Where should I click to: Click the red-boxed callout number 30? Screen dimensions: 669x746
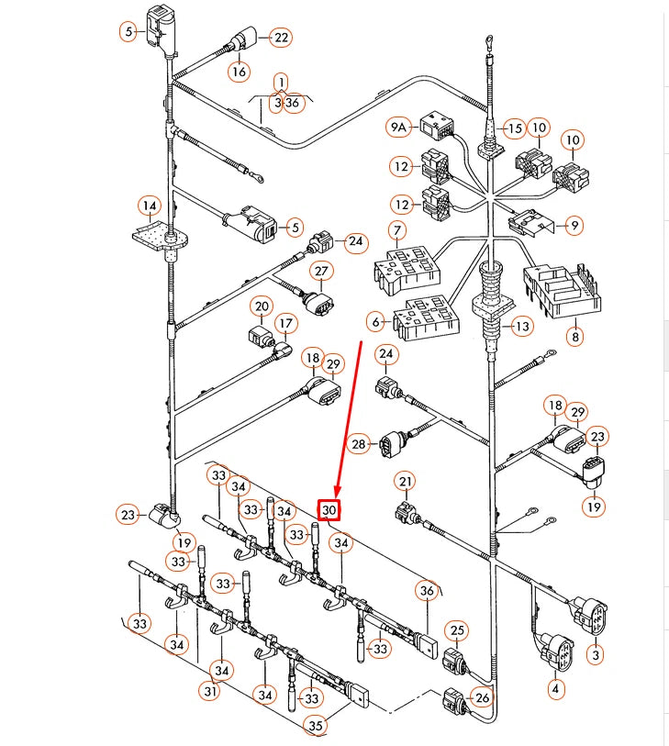click(329, 510)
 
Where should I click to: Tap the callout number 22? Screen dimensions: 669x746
click(281, 38)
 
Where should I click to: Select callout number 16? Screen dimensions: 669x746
click(239, 72)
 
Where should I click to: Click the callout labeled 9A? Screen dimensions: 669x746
click(398, 127)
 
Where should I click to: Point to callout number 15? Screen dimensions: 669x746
click(514, 128)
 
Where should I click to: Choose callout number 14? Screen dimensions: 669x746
click(150, 206)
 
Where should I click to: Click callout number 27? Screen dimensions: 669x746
click(322, 272)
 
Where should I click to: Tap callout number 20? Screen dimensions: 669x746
click(262, 306)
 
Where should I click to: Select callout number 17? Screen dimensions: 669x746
click(285, 324)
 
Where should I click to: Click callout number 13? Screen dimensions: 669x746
click(522, 327)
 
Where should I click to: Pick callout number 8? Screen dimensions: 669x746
click(575, 337)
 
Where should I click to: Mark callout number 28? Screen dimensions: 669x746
click(358, 444)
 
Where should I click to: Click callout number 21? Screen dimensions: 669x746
click(406, 482)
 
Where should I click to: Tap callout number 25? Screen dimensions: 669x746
click(457, 630)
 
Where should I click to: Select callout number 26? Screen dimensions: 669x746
click(482, 697)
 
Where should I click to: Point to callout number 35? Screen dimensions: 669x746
click(316, 726)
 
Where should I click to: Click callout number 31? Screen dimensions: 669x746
click(210, 691)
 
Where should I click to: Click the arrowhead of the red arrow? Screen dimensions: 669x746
click(338, 493)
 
